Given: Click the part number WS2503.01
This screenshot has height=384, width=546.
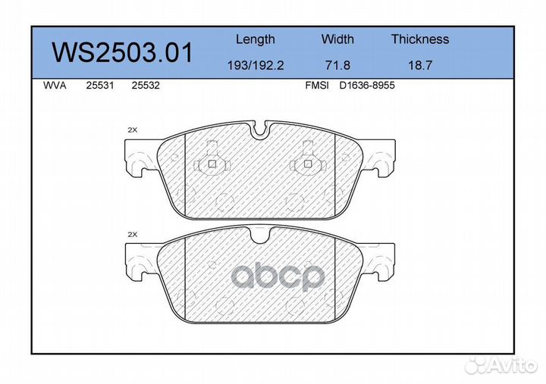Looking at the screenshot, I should (121, 54).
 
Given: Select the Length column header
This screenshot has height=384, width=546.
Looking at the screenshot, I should (255, 39).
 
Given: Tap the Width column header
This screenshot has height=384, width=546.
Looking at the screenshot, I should (337, 39).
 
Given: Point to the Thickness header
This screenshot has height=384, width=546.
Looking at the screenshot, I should (420, 39).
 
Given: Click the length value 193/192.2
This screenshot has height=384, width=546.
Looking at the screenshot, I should (255, 66).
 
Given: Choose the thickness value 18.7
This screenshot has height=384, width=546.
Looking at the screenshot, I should (420, 66).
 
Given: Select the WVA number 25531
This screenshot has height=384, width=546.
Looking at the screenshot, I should (100, 86).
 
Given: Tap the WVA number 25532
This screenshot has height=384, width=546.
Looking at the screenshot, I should (145, 86).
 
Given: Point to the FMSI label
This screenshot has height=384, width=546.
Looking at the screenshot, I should (316, 86).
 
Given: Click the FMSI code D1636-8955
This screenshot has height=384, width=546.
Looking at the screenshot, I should (367, 86).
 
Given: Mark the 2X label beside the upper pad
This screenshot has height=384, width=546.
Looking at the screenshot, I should (132, 130).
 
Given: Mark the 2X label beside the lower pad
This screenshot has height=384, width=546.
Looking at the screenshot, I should (132, 236).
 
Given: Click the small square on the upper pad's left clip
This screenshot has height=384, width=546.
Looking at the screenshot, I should (212, 164).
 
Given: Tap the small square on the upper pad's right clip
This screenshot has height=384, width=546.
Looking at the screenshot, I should (307, 164).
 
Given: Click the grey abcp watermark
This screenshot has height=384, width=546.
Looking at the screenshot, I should (277, 277).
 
